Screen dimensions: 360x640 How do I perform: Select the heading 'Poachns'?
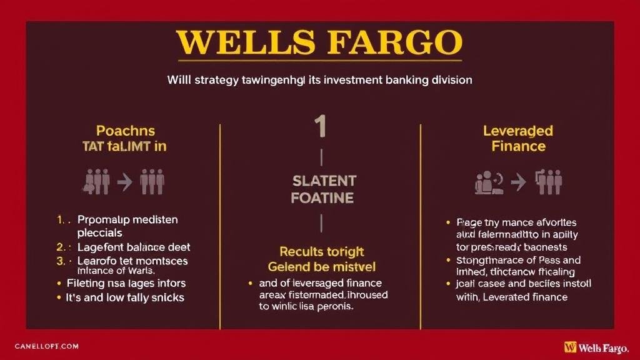coord(126,131)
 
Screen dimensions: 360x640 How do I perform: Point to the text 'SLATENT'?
coord(324,181)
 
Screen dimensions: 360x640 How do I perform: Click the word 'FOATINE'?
coord(322,198)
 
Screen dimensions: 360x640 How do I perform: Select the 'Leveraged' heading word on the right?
coord(518,131)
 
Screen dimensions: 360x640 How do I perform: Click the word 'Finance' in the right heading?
coord(518,146)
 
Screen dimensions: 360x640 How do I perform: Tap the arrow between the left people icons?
coord(124,181)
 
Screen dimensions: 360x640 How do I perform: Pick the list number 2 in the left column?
coord(60,247)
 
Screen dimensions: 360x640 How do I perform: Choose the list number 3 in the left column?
coord(60,261)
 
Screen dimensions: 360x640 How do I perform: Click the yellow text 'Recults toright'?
coord(321,251)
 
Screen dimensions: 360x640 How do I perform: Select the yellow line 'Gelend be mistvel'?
coord(322,267)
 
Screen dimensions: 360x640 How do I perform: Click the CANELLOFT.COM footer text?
coord(46,346)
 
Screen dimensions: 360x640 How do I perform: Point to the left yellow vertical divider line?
coord(220,225)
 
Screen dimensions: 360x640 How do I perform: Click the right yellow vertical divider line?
coord(421,225)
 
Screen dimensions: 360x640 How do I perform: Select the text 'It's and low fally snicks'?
coord(125,297)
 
